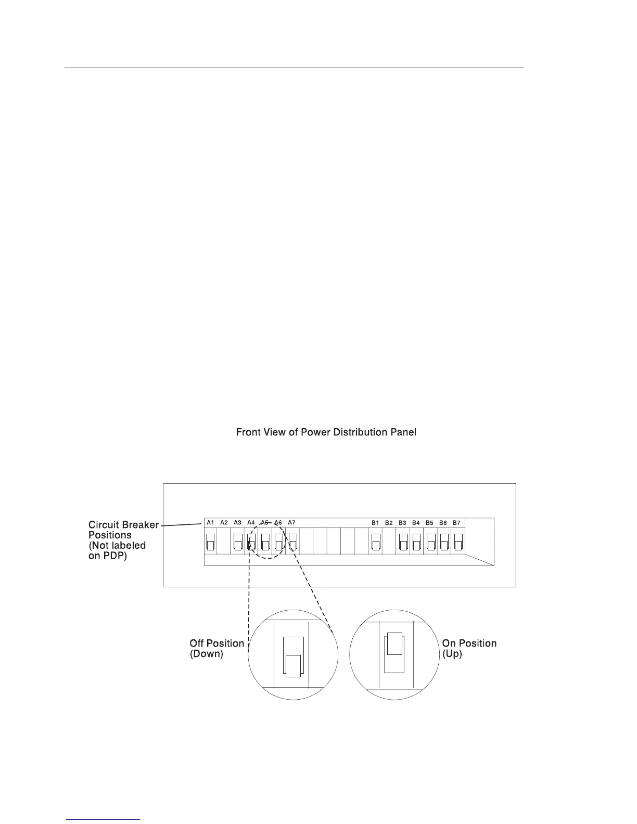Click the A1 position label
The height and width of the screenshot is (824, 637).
tap(210, 522)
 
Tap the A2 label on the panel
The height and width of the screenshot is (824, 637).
tap(224, 522)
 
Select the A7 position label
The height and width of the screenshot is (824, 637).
tap(291, 522)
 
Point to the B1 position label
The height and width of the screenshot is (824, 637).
tap(375, 522)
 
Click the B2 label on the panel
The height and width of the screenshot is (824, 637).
tap(389, 522)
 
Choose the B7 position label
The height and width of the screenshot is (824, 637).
tap(456, 522)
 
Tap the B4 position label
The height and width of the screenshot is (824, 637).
tap(416, 522)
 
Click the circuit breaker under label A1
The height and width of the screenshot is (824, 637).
tap(210, 542)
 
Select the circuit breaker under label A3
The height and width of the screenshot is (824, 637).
tap(238, 542)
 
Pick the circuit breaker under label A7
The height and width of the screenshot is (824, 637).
tap(292, 542)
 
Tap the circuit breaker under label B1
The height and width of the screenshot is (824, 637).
tap(376, 542)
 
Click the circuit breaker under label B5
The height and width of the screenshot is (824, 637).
tap(430, 542)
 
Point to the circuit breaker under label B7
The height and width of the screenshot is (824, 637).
tap(458, 542)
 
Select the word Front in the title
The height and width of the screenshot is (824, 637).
tap(248, 432)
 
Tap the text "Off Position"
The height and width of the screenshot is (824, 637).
tap(216, 643)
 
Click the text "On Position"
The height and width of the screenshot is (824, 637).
tap(469, 643)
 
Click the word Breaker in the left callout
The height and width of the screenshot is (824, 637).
tap(141, 524)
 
